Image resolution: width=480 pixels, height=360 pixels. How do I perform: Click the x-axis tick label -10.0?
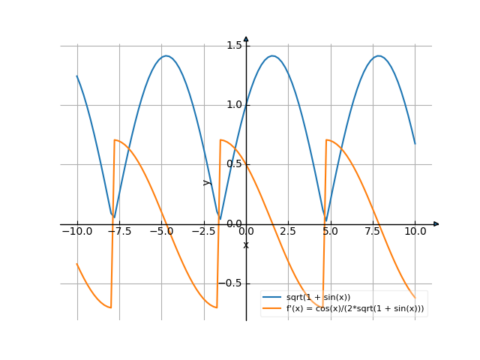pyautogui.click(x=76, y=232)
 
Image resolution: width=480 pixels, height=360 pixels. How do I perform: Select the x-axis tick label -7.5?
pyautogui.click(x=118, y=232)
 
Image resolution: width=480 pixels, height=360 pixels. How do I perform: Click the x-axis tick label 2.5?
pyautogui.click(x=289, y=232)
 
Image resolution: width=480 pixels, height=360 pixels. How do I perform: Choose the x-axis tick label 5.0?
pyautogui.click(x=331, y=232)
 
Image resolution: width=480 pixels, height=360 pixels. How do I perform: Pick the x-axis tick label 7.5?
pyautogui.click(x=373, y=232)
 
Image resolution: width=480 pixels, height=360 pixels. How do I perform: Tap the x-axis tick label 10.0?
pyautogui.click(x=415, y=232)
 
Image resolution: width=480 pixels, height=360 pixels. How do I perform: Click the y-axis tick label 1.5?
pyautogui.click(x=233, y=46)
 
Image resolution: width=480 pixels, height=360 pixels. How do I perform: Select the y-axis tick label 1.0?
pyautogui.click(x=233, y=105)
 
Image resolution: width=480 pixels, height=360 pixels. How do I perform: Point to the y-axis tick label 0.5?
pyautogui.click(x=233, y=164)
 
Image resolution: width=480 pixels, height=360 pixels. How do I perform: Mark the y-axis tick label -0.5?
pyautogui.click(x=232, y=283)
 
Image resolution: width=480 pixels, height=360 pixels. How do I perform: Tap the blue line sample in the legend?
pyautogui.click(x=271, y=298)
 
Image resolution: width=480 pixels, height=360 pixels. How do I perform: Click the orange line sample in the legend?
pyautogui.click(x=271, y=308)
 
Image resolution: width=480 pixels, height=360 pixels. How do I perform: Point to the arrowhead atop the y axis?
pyautogui.click(x=246, y=39)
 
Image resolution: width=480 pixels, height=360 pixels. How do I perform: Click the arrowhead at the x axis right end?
pyautogui.click(x=436, y=224)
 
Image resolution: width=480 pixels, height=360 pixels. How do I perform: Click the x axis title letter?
pyautogui.click(x=246, y=245)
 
